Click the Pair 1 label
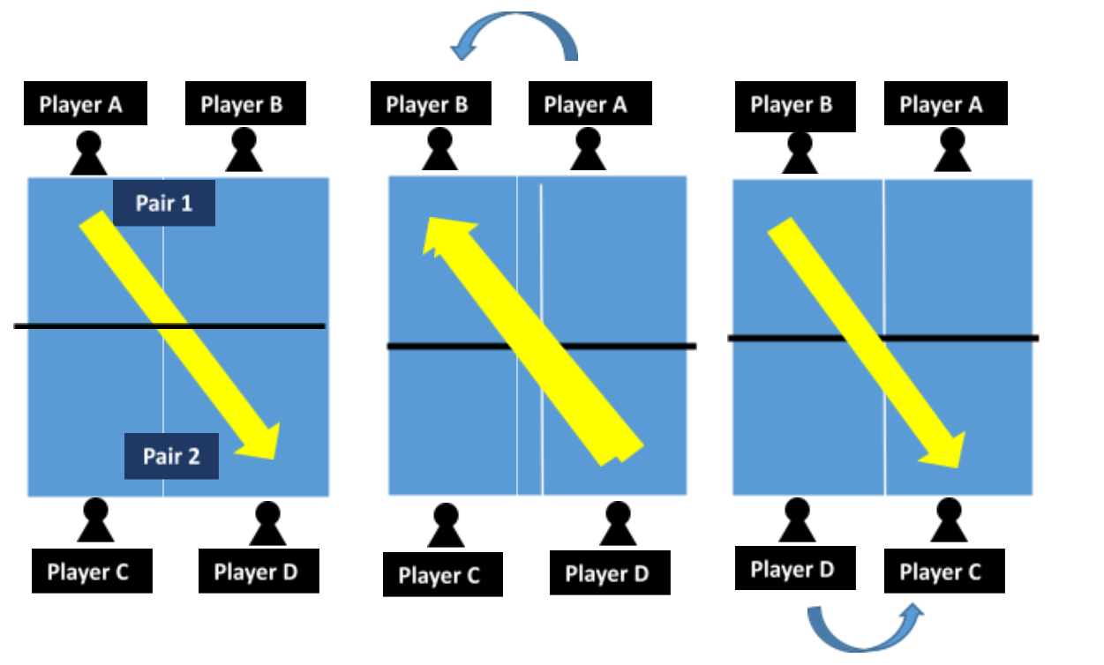click(x=164, y=204)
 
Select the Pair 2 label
click(x=171, y=456)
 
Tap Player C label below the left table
click(x=88, y=572)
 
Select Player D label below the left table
click(x=256, y=572)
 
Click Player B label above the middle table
click(x=427, y=105)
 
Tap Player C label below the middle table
click(x=439, y=575)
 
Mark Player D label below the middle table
click(x=607, y=574)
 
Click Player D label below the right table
click(x=792, y=569)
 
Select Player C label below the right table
click(x=941, y=572)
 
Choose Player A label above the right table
click(x=942, y=105)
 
